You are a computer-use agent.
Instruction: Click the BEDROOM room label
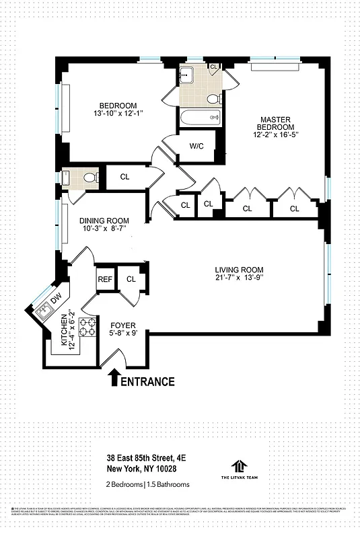point(118,106)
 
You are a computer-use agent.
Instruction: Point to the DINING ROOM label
point(104,221)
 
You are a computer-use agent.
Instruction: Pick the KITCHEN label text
point(65,330)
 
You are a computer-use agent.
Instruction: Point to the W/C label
point(196,145)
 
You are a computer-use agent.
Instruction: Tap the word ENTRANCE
point(147,381)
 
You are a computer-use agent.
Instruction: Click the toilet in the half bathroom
point(92,178)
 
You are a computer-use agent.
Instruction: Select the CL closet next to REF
point(131,279)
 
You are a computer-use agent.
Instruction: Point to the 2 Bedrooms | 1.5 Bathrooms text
point(147,484)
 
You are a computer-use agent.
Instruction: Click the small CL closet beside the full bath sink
point(214,67)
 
